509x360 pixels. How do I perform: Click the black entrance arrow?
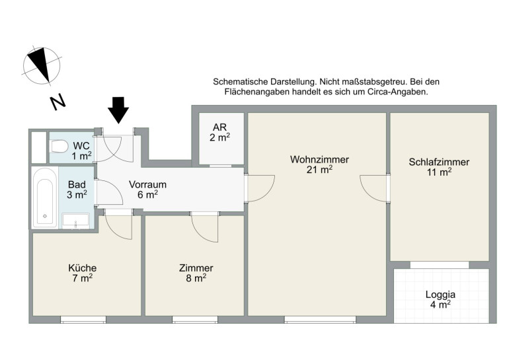pos(118,110)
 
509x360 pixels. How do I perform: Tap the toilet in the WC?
pos(59,146)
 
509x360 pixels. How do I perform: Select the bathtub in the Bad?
pos(45,198)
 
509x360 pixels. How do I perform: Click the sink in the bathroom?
pos(75,220)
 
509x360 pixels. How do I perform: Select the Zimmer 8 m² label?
pos(196,273)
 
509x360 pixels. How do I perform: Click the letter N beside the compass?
pos(58,102)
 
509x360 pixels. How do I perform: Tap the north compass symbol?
pos(42,66)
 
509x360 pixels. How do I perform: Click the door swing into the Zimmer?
pos(204,227)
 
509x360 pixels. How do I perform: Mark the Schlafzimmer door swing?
pos(374,189)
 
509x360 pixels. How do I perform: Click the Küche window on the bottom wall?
pos(83,320)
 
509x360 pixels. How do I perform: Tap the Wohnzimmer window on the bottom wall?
pos(320,320)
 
